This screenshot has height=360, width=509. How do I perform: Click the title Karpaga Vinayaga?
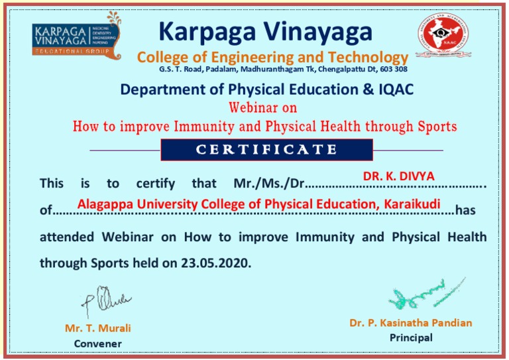266,30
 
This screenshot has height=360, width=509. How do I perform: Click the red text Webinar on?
262,108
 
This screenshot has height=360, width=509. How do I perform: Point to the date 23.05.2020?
216,263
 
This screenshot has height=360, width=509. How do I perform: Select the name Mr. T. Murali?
97,328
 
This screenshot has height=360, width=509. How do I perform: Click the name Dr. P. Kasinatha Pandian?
411,323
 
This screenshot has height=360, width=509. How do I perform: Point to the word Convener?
97,343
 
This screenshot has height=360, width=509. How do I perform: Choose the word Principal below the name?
411,337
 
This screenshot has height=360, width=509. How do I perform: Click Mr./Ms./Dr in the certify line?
269,182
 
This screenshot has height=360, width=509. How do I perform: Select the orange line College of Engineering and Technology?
272,57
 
